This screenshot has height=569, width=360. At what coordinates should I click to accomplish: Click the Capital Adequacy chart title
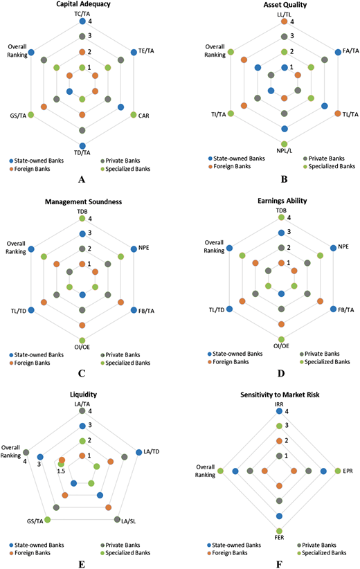[x=84, y=4]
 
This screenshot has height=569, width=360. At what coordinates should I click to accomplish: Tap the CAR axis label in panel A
[x=144, y=116]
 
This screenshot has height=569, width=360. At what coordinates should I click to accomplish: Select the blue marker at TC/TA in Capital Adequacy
[x=82, y=21]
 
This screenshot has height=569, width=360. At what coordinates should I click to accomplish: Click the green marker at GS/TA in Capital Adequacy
[x=31, y=115]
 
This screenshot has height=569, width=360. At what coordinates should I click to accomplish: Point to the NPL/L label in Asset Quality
[x=284, y=151]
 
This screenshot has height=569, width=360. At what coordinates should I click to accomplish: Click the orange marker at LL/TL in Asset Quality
[x=284, y=21]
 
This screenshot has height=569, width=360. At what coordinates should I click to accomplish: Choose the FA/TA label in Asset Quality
[x=351, y=51]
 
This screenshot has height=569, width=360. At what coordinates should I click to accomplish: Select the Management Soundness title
[x=84, y=201]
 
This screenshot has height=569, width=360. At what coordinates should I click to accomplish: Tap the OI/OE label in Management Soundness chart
[x=82, y=347]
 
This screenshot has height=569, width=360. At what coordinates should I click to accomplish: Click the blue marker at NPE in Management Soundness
[x=134, y=249]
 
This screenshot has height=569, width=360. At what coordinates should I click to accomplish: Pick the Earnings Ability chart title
[x=282, y=201]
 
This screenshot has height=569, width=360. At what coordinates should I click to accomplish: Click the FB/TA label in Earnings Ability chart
[x=346, y=310]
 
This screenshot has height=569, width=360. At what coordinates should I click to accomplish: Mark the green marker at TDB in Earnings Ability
[x=281, y=217]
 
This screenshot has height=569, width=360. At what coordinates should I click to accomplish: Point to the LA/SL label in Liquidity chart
[x=129, y=521]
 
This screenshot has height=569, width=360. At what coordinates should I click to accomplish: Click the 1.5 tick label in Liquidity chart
[x=61, y=471]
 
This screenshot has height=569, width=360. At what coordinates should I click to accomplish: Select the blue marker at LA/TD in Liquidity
[x=138, y=452]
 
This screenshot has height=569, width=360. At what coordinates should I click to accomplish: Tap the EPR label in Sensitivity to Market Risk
[x=348, y=471]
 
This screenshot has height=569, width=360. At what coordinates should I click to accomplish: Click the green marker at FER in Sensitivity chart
[x=279, y=531]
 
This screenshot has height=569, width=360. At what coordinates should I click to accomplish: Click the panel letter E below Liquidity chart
[x=82, y=564]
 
